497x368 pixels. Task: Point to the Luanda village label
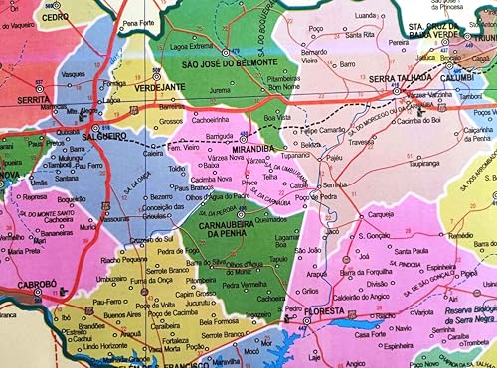point(367,17)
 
